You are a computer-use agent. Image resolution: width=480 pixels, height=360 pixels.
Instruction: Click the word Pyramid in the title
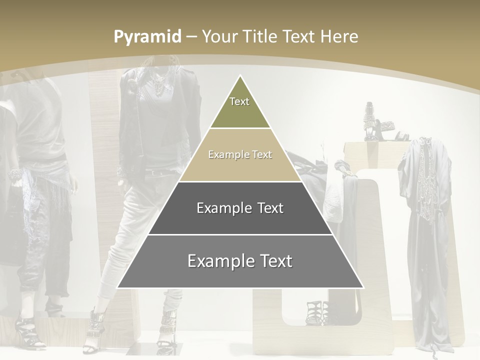coord(147,37)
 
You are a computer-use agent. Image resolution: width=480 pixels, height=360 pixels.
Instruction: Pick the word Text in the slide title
coord(300,36)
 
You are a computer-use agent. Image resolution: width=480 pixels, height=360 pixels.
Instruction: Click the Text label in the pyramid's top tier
coord(239,101)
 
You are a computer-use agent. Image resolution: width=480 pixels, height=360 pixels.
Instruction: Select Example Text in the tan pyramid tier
coord(240,154)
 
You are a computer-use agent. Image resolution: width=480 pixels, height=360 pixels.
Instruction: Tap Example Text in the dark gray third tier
coord(240,208)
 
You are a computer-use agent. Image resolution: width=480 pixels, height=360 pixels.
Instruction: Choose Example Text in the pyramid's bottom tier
coord(240,261)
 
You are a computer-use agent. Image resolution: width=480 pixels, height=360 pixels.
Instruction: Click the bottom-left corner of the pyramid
coord(117,288)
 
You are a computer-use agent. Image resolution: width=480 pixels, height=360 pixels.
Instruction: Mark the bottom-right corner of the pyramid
coord(363,288)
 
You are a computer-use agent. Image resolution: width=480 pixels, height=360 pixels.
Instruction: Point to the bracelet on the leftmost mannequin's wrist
coord(15,175)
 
